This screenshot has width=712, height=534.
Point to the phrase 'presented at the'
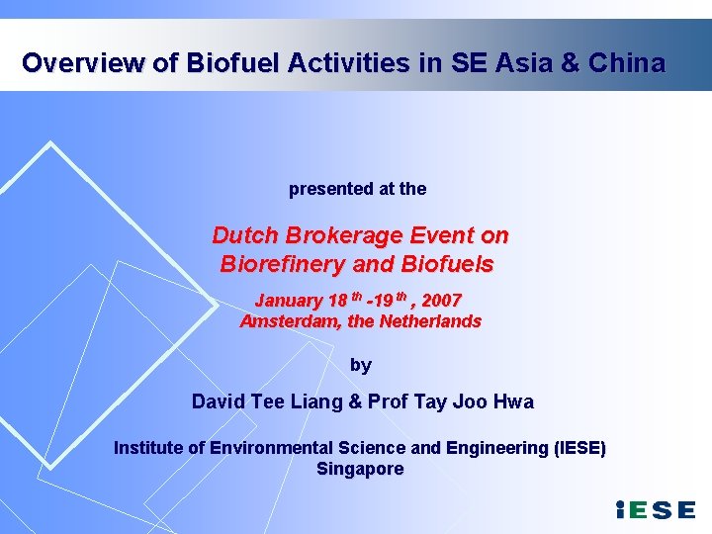[x=357, y=188]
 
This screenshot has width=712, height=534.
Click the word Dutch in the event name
[x=245, y=235]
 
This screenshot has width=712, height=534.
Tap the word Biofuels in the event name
[x=447, y=264]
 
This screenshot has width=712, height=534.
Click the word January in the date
[x=289, y=300]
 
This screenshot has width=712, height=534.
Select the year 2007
[x=441, y=300]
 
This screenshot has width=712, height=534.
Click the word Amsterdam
[x=288, y=320]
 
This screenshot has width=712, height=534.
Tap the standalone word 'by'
[x=361, y=365]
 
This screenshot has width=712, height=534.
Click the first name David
[x=218, y=401]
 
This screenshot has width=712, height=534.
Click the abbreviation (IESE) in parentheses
[x=570, y=448]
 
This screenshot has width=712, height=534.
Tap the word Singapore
[x=360, y=469]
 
